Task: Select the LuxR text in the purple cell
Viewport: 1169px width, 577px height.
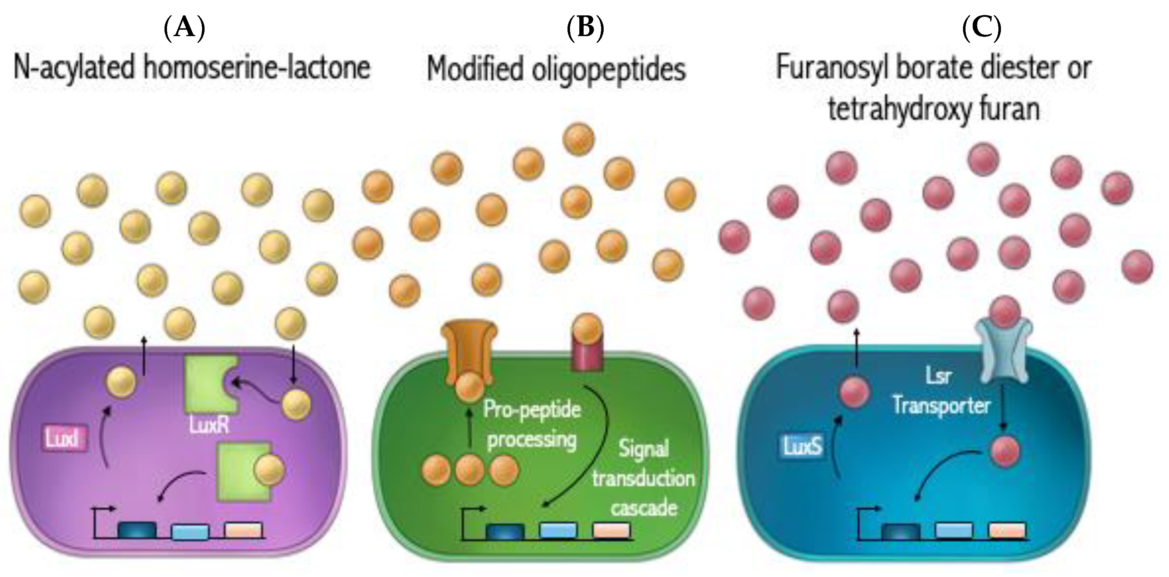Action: point(209,425)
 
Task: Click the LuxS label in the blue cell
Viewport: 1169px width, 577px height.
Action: point(802,447)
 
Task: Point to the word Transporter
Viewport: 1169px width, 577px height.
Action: point(942,405)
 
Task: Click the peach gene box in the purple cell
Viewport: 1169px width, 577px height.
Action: point(244,530)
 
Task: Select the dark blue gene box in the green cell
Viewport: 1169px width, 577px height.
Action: point(505,531)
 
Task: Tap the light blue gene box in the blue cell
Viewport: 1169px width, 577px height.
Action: point(954,530)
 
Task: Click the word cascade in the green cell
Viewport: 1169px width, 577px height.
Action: point(643,508)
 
